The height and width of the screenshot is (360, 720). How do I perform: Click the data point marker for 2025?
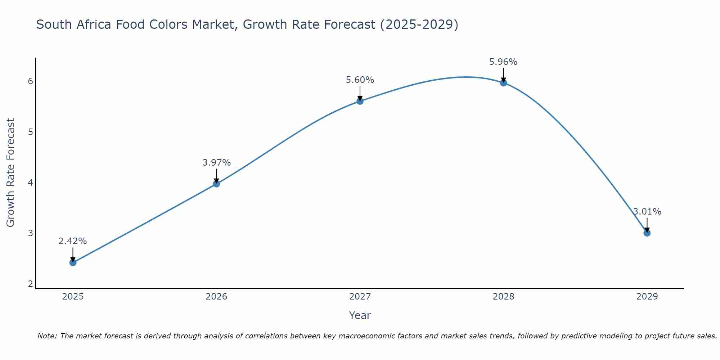[x=73, y=262]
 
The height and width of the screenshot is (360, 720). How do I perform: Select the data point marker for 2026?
[x=216, y=184]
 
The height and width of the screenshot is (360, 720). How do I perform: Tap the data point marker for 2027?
[x=360, y=101]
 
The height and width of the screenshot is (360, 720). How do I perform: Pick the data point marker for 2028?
[x=504, y=83]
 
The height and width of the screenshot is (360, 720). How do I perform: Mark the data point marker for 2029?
[x=647, y=233]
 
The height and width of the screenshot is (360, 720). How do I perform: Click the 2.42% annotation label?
[x=73, y=241]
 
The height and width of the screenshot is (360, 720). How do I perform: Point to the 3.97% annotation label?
[x=216, y=163]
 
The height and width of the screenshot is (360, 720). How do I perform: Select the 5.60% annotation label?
[x=360, y=80]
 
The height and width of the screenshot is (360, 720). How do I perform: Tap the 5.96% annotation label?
[x=503, y=62]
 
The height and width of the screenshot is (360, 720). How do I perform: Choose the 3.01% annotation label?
[x=647, y=212]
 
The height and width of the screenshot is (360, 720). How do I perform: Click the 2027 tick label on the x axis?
[x=360, y=297]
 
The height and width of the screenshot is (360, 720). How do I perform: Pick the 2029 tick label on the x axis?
[x=647, y=297]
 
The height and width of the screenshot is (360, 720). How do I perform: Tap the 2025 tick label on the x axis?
[x=73, y=297]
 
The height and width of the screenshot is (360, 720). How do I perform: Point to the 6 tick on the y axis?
[x=30, y=81]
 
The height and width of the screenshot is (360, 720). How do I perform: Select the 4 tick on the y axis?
[x=30, y=183]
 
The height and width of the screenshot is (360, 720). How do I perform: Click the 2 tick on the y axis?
[x=30, y=284]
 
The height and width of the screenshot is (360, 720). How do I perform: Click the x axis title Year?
[x=360, y=315]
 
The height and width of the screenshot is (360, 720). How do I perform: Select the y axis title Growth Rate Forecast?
[x=11, y=173]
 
